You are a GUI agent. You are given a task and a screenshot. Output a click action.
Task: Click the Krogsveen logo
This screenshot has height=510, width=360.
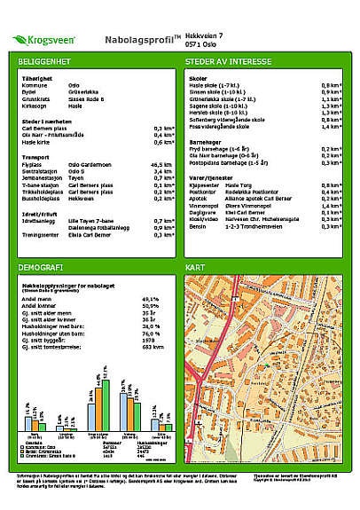click(43, 41)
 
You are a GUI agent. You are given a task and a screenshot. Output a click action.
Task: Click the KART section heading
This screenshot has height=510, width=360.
click(195, 266)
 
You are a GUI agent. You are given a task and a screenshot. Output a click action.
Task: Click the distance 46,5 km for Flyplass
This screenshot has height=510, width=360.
click(160, 164)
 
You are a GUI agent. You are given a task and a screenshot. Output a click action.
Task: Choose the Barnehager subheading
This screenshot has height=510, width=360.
click(203, 140)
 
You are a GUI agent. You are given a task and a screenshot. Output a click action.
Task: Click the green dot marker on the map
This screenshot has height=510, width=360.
click(264, 365)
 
